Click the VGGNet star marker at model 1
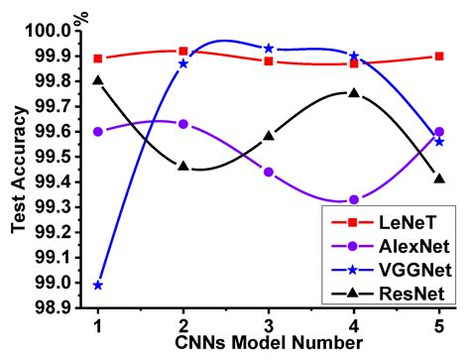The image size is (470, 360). pos(98,285)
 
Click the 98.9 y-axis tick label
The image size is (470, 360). pos(56,308)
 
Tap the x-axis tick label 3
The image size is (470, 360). pos(270,326)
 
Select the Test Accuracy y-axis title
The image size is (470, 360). pos(18,169)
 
